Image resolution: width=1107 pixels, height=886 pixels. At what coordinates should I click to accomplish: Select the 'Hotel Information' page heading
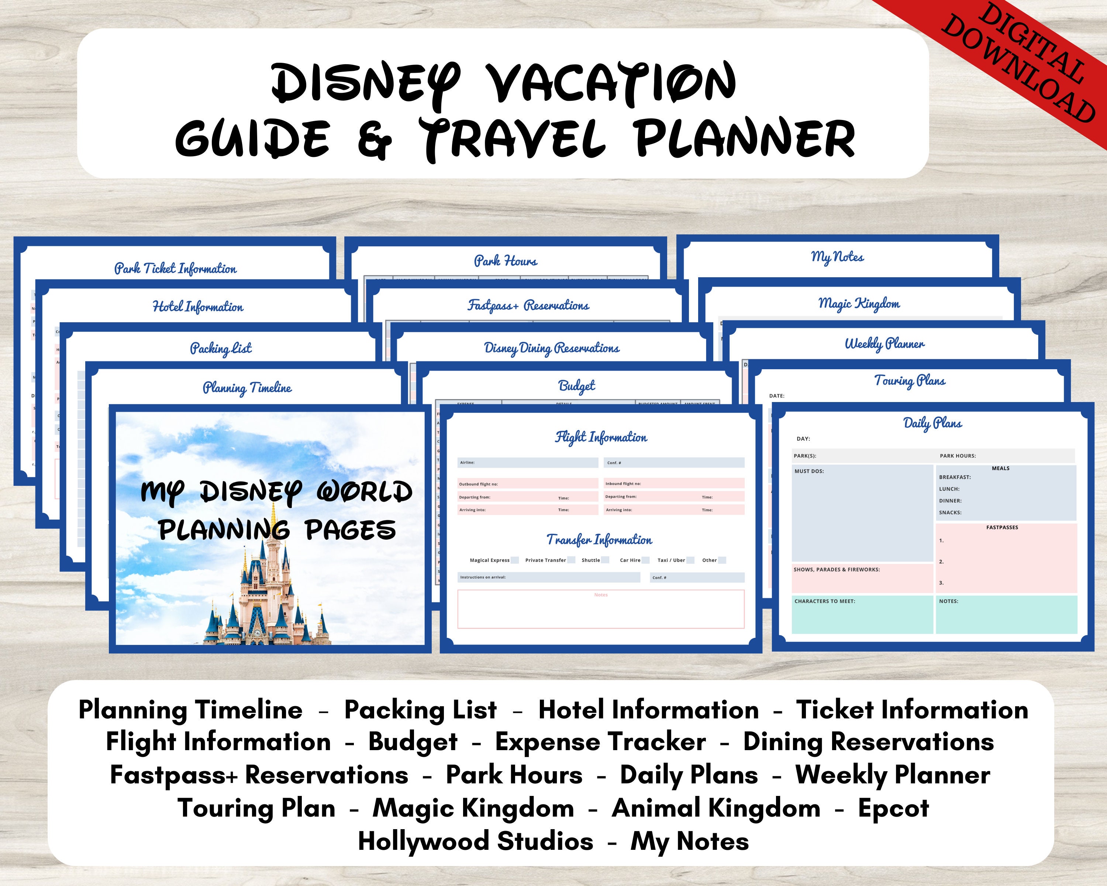(x=198, y=307)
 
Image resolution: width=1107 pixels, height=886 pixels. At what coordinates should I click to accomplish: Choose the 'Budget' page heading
(x=577, y=386)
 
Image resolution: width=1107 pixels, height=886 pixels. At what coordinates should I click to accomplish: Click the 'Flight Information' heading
(x=601, y=437)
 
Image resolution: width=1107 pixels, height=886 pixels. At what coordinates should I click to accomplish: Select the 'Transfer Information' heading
(x=599, y=540)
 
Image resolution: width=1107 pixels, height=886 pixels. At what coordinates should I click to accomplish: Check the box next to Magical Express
(x=514, y=560)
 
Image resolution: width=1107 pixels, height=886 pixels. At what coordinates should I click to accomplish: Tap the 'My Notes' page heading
(x=837, y=257)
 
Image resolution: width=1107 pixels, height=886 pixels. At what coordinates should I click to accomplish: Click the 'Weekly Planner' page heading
(x=884, y=344)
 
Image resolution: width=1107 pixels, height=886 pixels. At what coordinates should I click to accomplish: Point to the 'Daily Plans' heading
(x=932, y=423)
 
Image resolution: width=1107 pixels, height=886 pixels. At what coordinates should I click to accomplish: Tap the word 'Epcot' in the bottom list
(x=893, y=808)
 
